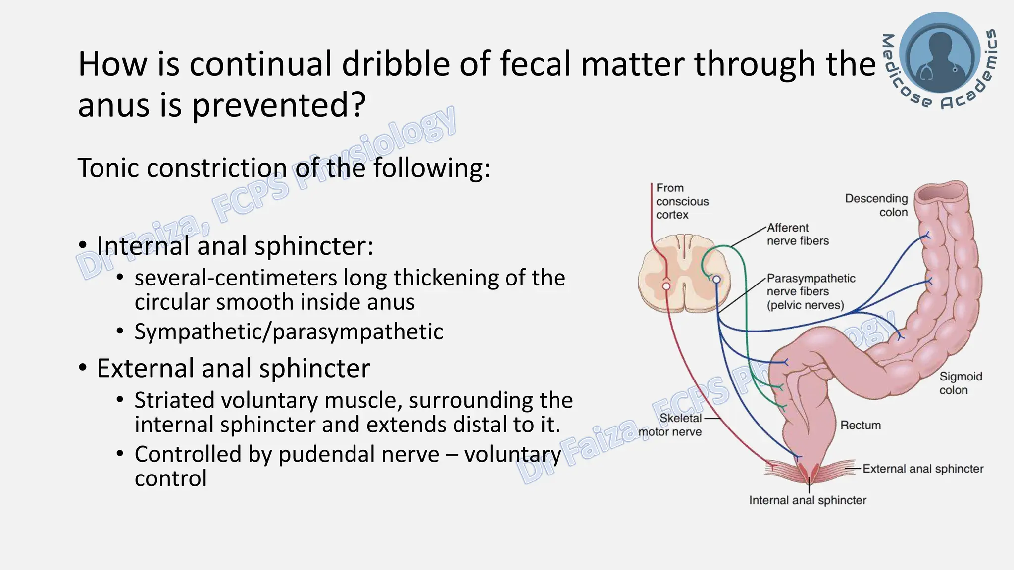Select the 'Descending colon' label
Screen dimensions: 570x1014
(876, 205)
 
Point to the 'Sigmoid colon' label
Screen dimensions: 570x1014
(960, 383)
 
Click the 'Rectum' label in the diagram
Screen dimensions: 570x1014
(861, 425)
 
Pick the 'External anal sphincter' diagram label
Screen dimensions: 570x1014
(922, 469)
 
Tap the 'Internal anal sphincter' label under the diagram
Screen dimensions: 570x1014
(808, 500)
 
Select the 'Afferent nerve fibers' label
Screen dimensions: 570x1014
(797, 234)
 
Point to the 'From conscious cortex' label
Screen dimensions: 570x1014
(682, 201)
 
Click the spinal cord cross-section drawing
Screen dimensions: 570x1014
(685, 278)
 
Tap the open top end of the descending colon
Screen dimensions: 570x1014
(940, 192)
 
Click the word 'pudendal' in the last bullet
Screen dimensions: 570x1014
(358, 454)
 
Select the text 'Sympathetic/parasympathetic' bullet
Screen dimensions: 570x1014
(289, 332)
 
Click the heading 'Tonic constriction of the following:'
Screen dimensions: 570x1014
(284, 168)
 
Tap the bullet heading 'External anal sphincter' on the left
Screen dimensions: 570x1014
(233, 368)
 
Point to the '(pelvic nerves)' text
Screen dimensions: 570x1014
(805, 305)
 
